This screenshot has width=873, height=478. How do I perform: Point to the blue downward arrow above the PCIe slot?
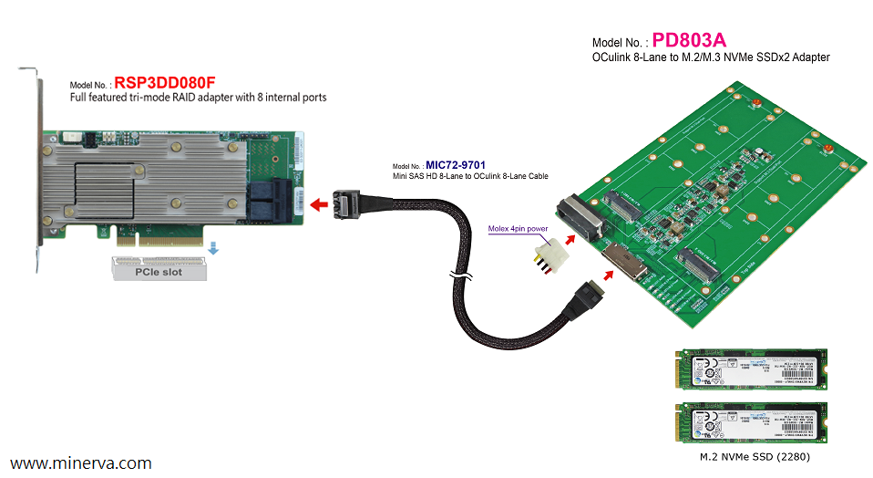[212, 247]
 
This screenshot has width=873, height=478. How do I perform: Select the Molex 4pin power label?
[517, 230]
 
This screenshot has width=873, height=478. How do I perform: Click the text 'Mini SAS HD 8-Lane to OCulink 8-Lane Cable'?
[469, 175]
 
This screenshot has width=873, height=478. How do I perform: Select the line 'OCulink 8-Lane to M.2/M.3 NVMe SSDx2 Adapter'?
[711, 57]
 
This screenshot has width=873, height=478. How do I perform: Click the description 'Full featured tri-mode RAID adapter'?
[198, 97]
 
